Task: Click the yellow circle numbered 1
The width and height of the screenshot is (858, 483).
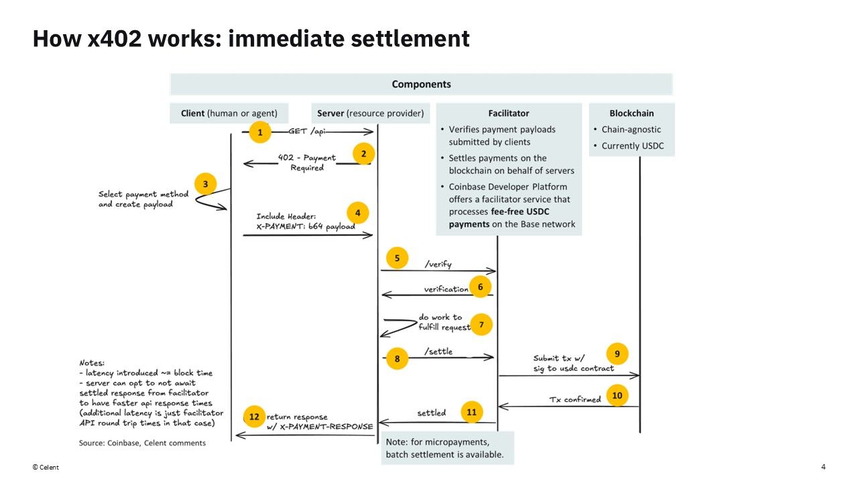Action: coord(260,132)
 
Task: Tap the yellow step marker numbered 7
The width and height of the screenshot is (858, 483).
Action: coord(481,325)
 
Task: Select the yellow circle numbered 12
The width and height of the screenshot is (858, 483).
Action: coord(254,417)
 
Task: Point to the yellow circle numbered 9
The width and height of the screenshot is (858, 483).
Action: coord(617,354)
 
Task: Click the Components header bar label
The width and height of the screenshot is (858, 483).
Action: coord(421,85)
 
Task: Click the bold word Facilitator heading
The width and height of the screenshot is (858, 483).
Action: coord(509,113)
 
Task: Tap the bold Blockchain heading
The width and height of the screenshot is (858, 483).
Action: coord(631,113)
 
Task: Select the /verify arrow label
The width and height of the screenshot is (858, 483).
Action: coord(438,264)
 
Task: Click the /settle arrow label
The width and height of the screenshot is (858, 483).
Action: coord(438,352)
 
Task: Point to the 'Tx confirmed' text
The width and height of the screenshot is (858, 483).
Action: coord(575,399)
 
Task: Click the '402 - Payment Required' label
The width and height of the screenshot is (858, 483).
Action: coord(307,162)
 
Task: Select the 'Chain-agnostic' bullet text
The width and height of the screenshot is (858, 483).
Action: coord(631,129)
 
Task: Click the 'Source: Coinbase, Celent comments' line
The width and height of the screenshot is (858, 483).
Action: coord(142,443)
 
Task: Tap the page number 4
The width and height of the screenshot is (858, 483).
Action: coord(823,467)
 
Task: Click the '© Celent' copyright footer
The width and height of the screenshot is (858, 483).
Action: coord(46,468)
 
